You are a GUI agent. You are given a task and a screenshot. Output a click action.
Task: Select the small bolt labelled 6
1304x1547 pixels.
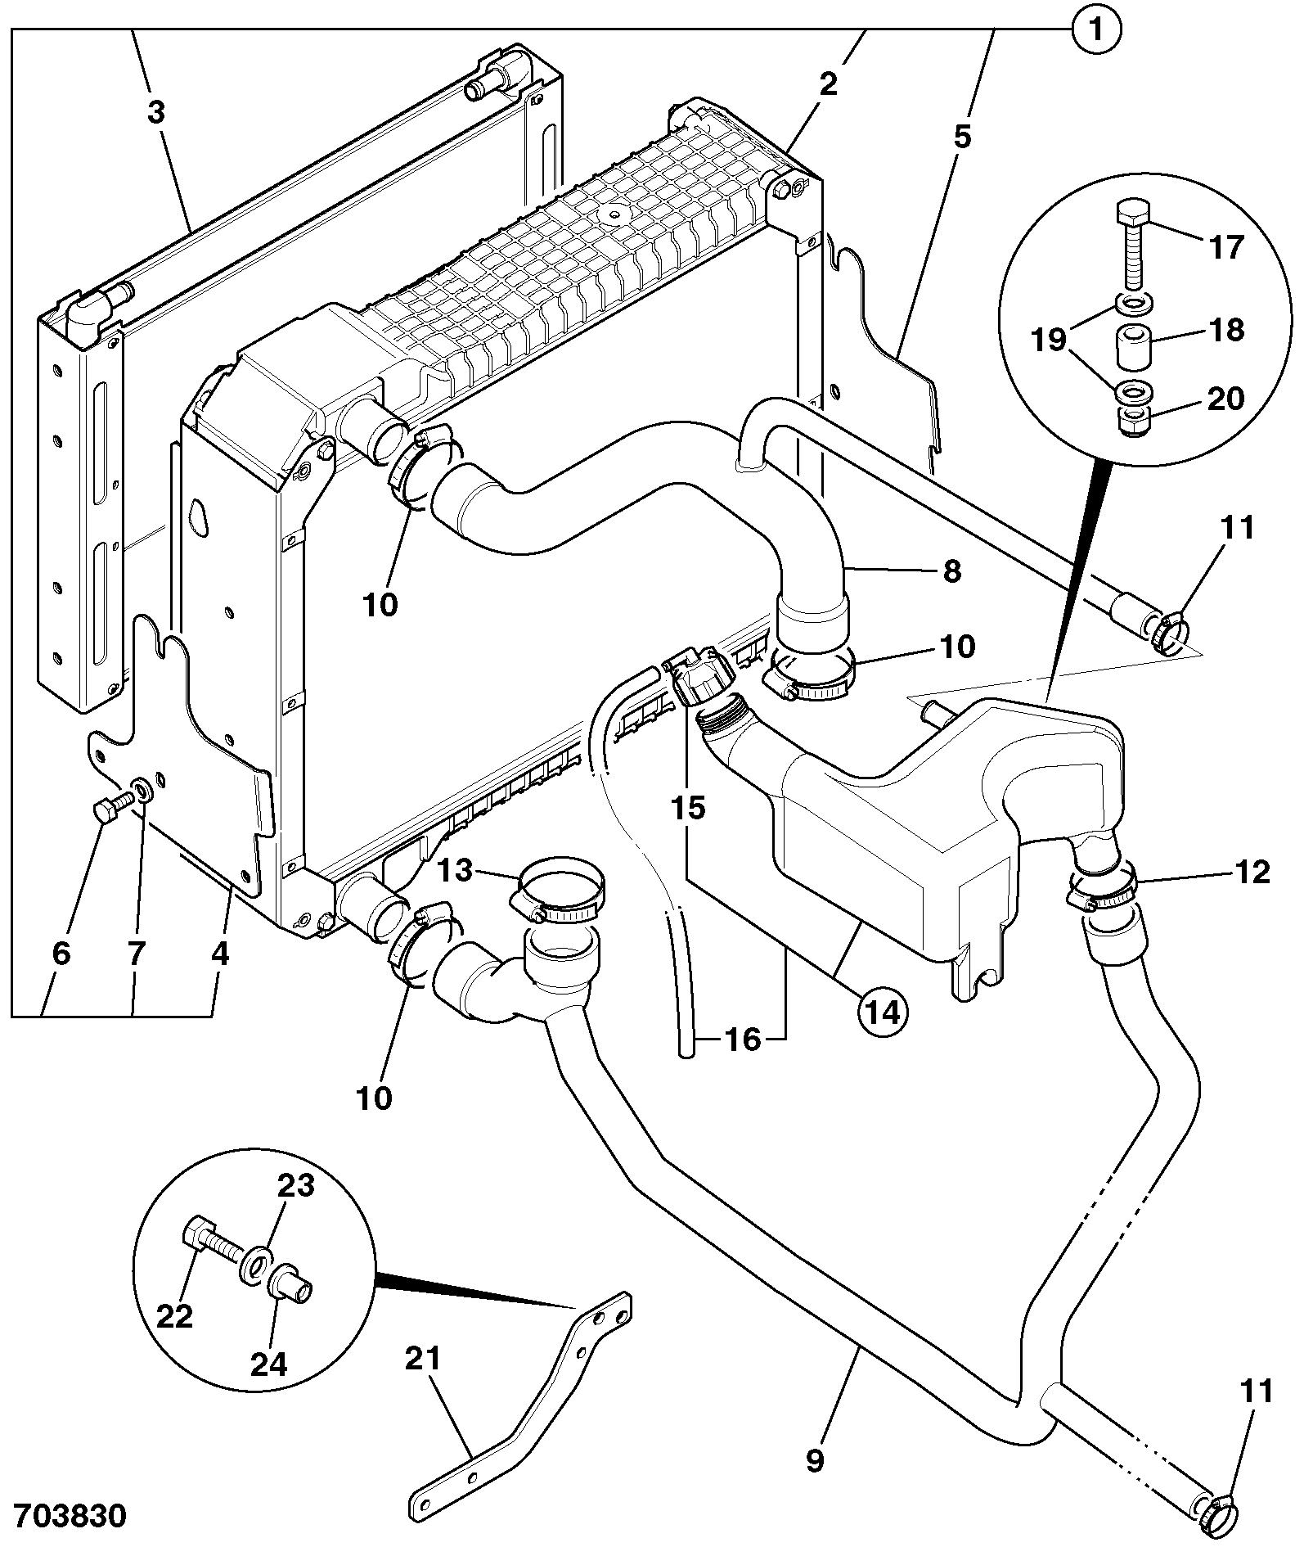point(112,805)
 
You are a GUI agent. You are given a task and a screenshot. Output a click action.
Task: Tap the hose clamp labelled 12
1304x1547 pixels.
point(1100,889)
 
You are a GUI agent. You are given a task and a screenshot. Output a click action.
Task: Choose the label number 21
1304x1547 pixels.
point(422,1359)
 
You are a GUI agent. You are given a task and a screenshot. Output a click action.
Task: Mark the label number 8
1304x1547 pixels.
point(952,571)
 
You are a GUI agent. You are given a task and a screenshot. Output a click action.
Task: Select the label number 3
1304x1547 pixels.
point(155,112)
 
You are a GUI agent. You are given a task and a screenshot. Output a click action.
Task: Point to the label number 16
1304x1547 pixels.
point(742,1040)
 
